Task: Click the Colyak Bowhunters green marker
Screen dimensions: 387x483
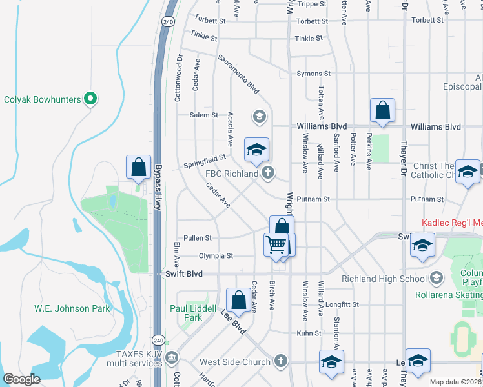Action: click(x=91, y=99)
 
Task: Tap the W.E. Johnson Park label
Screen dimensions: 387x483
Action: click(x=72, y=308)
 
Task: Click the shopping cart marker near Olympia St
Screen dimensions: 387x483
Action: click(x=276, y=246)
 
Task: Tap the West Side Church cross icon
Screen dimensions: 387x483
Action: click(x=280, y=361)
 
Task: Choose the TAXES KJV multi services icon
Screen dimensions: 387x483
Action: click(x=172, y=357)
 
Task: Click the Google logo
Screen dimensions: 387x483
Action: click(x=22, y=379)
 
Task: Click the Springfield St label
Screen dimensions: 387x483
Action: click(x=205, y=157)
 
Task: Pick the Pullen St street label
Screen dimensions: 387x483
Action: click(x=197, y=238)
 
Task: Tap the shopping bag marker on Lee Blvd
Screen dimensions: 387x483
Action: click(x=238, y=300)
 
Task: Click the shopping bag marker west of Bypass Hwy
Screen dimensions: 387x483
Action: click(x=139, y=167)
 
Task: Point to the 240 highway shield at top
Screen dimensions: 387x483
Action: click(x=169, y=21)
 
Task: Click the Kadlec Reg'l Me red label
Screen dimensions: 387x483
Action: click(x=452, y=223)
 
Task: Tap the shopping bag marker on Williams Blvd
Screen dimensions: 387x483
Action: click(x=383, y=111)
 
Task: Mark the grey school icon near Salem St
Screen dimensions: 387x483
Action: click(x=260, y=116)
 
